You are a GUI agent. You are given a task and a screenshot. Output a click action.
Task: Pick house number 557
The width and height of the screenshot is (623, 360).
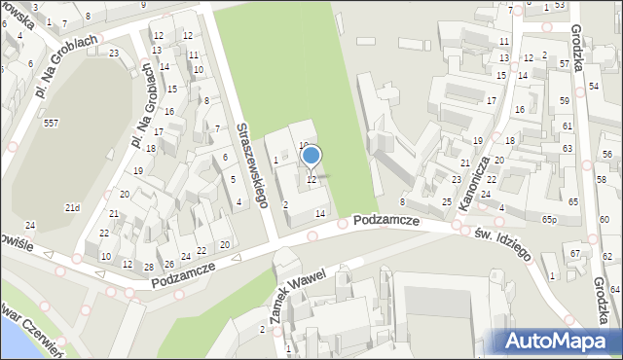[51, 123]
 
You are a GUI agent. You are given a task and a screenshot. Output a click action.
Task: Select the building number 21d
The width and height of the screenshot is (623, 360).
[72, 207]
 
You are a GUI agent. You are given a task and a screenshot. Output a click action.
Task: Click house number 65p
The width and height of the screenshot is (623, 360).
[550, 220]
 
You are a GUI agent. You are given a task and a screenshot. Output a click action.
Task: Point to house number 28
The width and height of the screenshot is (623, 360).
[149, 267]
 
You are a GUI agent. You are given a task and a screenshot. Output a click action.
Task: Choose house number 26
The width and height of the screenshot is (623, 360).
[168, 263]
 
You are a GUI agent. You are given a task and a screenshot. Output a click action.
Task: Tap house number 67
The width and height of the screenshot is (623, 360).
[575, 254]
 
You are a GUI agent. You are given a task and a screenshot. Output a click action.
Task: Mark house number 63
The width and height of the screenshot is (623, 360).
[568, 147]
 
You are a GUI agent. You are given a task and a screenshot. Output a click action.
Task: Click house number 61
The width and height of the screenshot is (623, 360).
[567, 126]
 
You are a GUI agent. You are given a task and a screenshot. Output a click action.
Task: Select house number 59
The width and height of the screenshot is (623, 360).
[565, 101]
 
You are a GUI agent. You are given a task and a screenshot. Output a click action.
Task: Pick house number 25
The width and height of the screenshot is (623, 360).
[447, 201]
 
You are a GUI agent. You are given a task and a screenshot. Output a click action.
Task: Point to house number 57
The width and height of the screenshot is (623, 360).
[565, 63]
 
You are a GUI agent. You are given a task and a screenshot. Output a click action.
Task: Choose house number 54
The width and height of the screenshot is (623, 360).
[594, 87]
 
